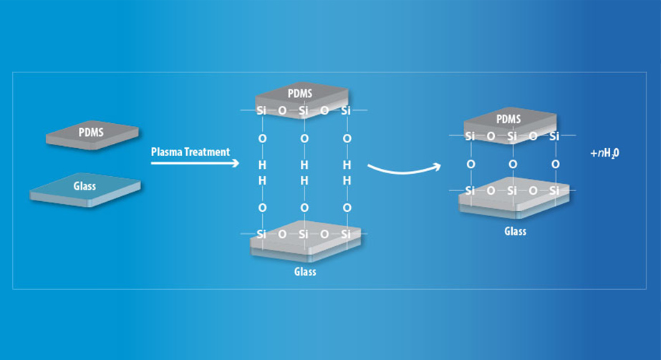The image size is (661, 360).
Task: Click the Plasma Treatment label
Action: (x=190, y=152)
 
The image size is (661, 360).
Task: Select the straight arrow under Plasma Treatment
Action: (x=193, y=163)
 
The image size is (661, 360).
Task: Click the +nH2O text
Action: (x=604, y=152)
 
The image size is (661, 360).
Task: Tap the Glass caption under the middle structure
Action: (x=304, y=272)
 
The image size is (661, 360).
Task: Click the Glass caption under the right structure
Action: (x=515, y=231)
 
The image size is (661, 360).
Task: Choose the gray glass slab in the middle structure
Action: (x=304, y=247)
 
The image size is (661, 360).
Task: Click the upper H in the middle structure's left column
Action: (x=262, y=165)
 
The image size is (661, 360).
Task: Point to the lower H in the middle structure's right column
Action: (x=347, y=181)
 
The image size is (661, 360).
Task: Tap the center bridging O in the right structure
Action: (x=513, y=164)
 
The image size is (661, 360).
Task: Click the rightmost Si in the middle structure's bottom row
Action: (x=347, y=234)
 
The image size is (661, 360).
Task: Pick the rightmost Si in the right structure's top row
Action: (x=555, y=136)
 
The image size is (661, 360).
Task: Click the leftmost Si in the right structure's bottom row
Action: (x=471, y=191)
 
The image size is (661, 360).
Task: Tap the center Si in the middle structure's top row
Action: (x=304, y=110)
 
